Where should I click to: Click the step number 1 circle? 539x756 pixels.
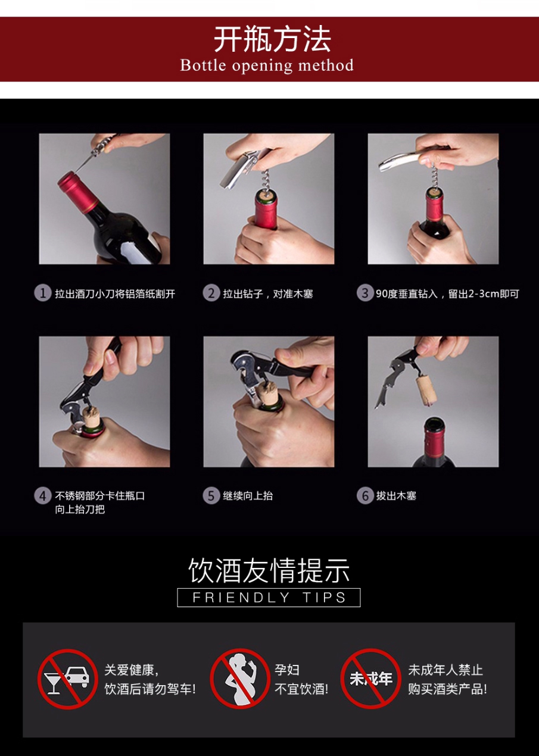coord(42,293)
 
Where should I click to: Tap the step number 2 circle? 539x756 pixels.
coord(211,293)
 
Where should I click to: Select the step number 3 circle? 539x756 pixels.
coord(365,293)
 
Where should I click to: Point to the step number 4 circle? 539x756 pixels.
coord(42,496)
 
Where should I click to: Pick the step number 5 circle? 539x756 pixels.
coord(211,496)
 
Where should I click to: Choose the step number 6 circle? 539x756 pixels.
coord(365,496)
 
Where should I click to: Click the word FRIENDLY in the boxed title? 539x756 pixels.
coord(241,598)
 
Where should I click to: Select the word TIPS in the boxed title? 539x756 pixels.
coord(324,598)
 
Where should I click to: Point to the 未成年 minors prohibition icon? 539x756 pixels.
coord(371,679)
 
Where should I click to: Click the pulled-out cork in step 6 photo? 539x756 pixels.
coord(426,390)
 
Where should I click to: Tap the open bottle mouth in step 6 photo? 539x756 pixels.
coord(434,423)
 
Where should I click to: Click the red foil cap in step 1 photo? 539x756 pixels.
coord(77,191)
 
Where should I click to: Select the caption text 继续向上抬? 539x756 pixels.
coord(248,496)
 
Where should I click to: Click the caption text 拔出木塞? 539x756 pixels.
coord(396,496)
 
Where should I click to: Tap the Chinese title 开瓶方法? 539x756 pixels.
coord(272,39)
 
